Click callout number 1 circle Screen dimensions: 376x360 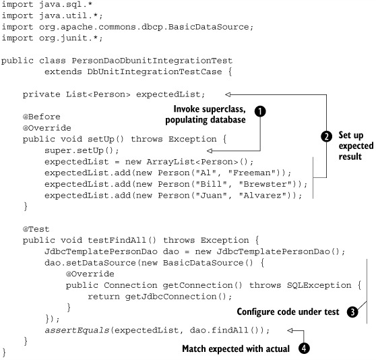click(260, 111)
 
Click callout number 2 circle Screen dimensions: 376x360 click(326, 136)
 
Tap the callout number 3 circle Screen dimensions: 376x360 click(352, 312)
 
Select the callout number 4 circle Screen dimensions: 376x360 click(304, 349)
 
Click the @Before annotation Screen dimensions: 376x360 click(42, 117)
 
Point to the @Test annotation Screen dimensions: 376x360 click(36, 229)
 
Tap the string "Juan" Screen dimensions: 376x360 click(212, 196)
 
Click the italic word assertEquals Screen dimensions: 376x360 click(77, 330)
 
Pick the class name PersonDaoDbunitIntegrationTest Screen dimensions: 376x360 click(152, 61)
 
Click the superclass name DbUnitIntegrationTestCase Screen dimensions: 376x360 click(154, 71)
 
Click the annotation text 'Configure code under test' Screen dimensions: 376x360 click(288, 311)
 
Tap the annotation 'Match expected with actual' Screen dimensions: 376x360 click(236, 349)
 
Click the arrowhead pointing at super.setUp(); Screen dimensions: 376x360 click(210, 150)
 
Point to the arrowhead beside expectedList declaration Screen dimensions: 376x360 click(228, 94)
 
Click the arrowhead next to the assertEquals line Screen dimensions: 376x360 click(290, 330)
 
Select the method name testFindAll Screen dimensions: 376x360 click(117, 240)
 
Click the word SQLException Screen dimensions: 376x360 click(319, 285)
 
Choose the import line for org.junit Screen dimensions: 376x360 click(53, 38)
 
